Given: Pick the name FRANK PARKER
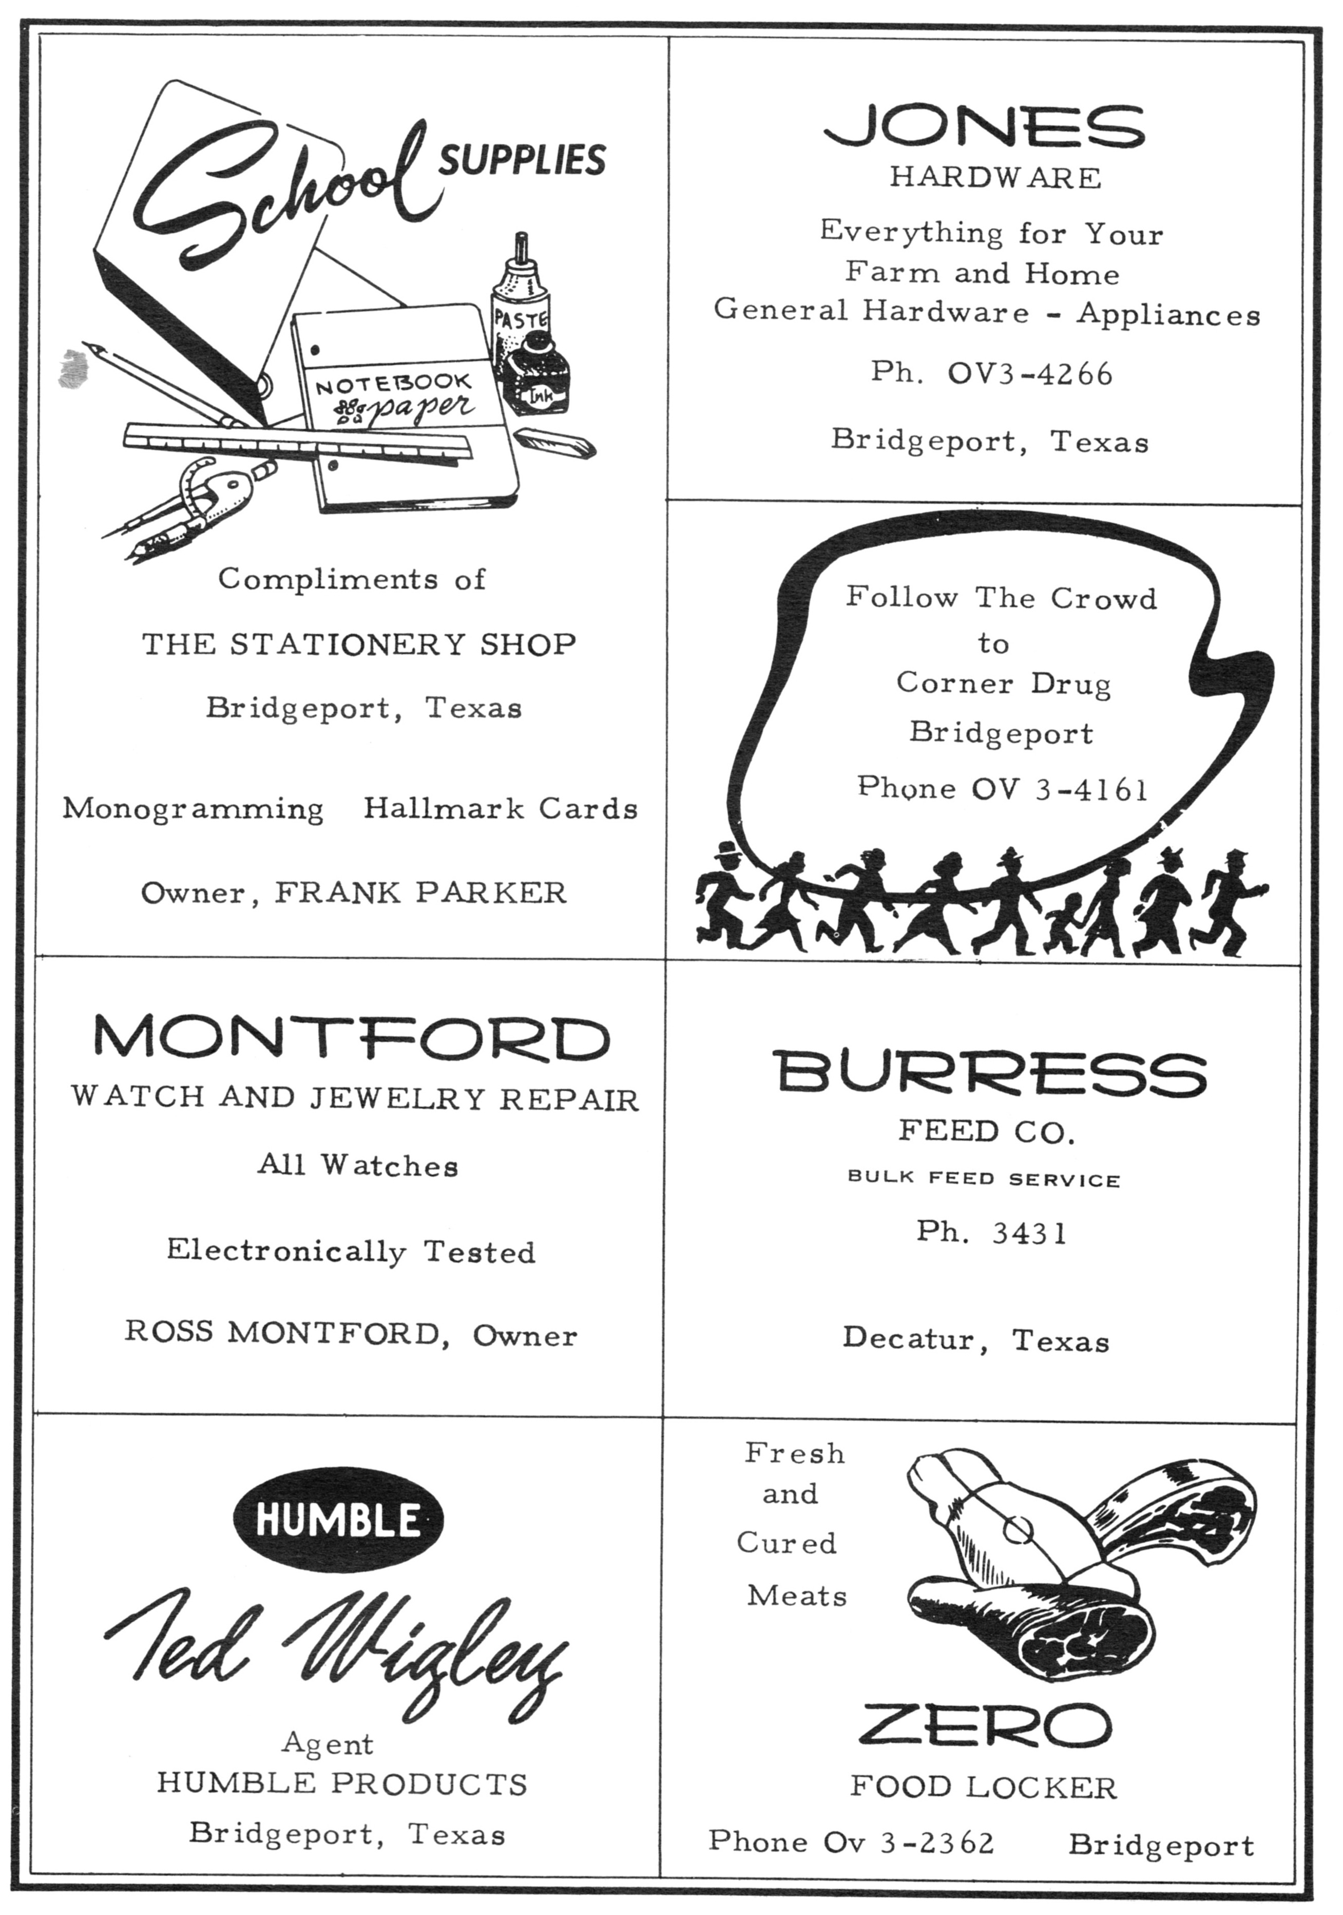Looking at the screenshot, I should click(421, 893).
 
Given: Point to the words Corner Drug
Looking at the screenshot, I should click(1004, 684).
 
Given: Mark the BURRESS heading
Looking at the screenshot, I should click(989, 1073).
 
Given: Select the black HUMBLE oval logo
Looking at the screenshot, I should click(338, 1520).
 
